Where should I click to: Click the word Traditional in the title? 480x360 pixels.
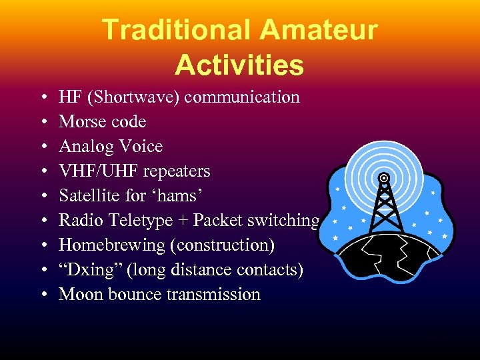point(175,30)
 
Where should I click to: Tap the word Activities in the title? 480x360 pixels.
point(239,65)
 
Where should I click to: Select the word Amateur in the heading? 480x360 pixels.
point(319,30)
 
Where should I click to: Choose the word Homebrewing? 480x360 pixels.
point(111,245)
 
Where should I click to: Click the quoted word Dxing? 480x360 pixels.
point(86,270)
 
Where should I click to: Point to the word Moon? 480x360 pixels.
point(77,295)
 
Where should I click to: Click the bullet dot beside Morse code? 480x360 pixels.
point(43,122)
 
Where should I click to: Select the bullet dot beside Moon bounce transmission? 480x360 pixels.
point(43,295)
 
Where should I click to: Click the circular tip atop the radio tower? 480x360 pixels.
point(384,178)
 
